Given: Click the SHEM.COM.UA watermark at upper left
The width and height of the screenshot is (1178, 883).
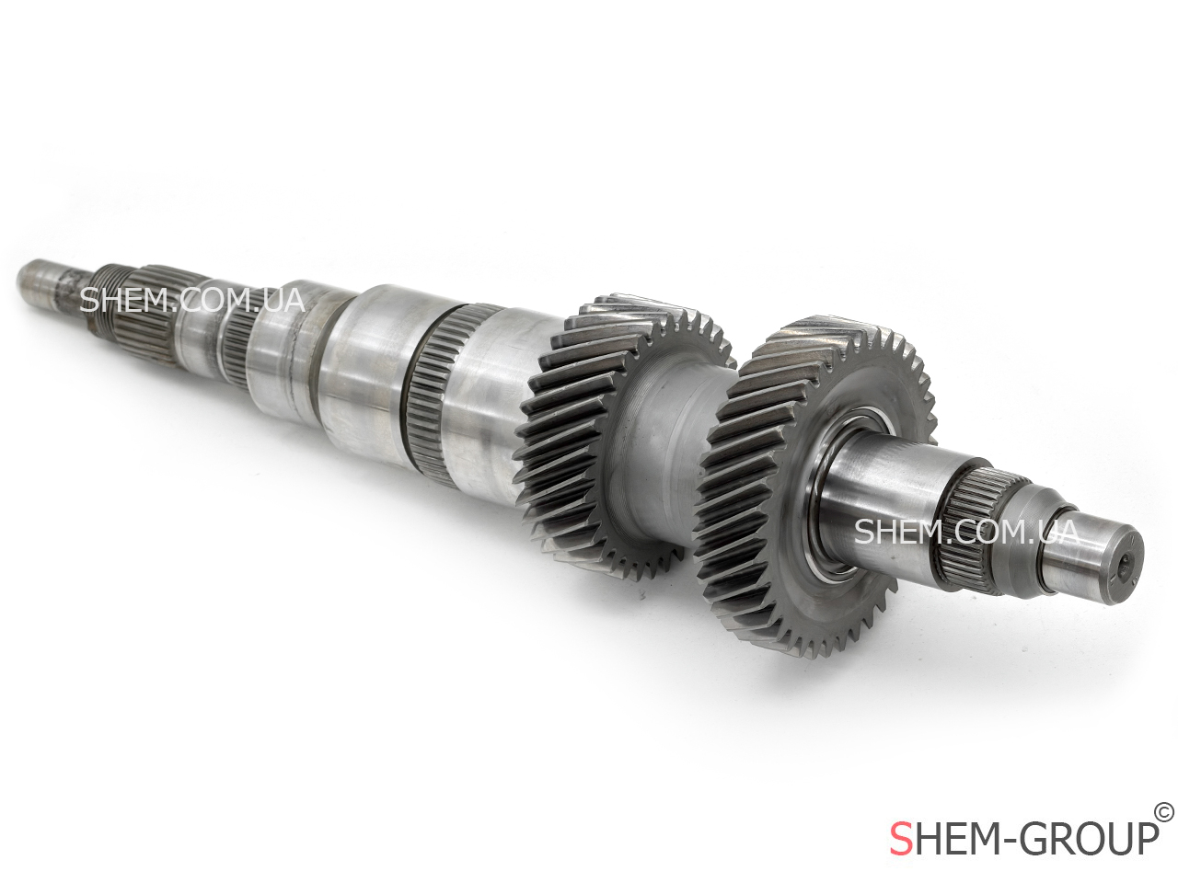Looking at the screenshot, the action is (192, 302).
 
